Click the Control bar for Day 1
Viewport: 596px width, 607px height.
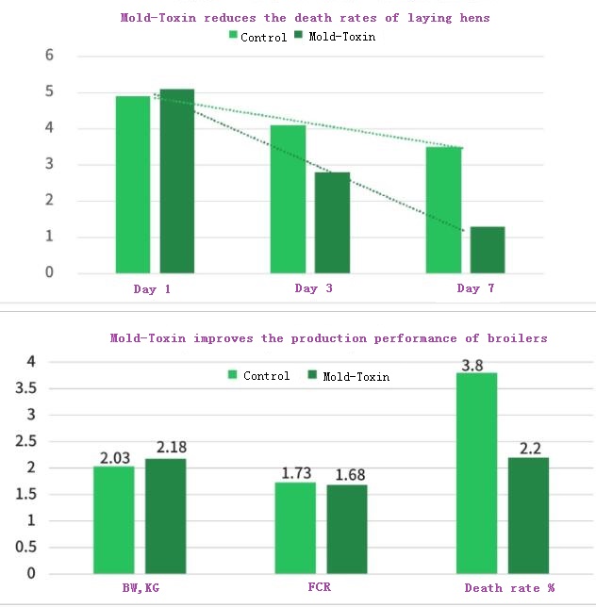133,185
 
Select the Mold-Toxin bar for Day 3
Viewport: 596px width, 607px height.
332,222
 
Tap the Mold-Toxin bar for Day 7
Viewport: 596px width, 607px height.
488,250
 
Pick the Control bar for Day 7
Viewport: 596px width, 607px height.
443,210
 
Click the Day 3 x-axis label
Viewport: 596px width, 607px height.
313,288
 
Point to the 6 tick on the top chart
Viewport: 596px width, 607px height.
49,56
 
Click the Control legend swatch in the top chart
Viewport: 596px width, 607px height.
233,36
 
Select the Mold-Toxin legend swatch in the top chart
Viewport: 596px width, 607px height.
300,36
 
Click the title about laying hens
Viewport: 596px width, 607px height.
306,17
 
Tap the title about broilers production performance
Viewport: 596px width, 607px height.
328,337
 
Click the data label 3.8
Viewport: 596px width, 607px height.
476,363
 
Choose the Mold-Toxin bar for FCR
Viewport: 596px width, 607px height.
346,529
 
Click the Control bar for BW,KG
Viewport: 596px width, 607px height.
113,519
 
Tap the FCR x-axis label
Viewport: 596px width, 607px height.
320,588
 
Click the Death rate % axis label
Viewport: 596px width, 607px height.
509,588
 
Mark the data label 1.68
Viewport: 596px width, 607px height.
347,474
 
